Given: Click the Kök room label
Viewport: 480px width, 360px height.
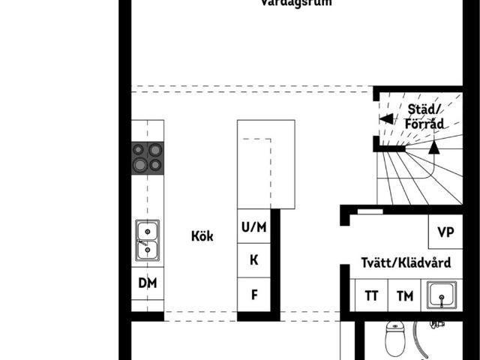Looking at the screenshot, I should pos(202,236).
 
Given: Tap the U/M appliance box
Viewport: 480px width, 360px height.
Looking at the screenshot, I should pos(253,226).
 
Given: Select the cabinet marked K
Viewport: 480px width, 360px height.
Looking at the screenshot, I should pos(253,260).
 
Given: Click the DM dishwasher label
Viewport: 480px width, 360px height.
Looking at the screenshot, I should pos(147,283).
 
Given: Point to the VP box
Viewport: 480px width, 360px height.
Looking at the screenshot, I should pos(445,232).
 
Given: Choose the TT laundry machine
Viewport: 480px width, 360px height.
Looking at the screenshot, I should pos(371,295).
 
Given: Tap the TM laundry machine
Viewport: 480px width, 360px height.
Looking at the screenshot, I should pos(405,295).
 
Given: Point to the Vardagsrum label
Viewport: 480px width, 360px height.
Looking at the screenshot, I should pos(296,3).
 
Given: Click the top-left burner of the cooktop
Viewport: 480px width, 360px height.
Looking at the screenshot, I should pos(139,149).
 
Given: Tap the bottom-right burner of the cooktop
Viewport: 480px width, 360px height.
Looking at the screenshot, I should pos(155,164).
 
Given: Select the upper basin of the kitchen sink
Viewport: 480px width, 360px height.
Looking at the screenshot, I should pos(147,229).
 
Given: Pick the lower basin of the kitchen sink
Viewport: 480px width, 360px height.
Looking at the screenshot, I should pos(147,250).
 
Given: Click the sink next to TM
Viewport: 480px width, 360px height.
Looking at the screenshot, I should pos(442,295).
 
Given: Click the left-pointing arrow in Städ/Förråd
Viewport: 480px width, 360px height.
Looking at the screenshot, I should pos(385,118).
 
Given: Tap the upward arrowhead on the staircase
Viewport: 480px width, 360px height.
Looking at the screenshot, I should pos(433,147).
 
